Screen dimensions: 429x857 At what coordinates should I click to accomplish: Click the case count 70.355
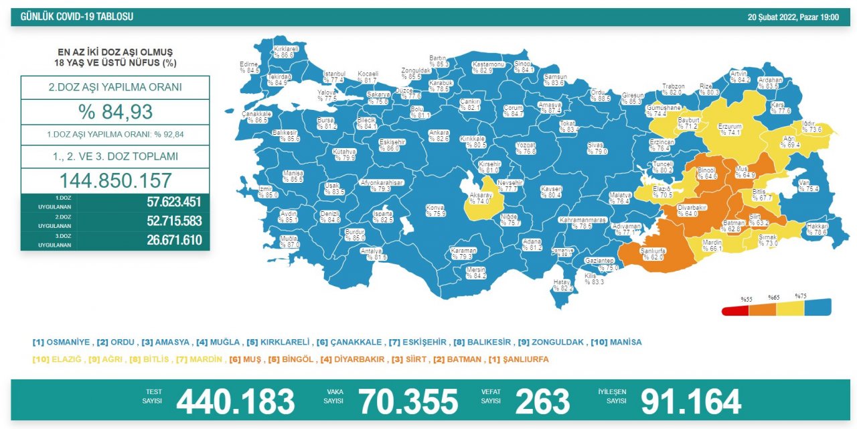[408, 402]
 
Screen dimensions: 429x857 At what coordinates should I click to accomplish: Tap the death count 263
[542, 402]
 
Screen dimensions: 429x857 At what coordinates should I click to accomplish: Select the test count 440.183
[235, 402]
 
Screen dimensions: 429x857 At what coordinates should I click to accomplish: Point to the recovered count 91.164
[690, 402]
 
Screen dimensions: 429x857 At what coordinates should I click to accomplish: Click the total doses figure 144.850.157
[115, 180]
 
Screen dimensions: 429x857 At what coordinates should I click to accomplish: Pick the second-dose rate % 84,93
[115, 111]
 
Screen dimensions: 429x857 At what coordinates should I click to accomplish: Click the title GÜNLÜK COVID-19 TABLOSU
[77, 17]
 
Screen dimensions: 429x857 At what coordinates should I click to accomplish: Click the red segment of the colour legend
[735, 310]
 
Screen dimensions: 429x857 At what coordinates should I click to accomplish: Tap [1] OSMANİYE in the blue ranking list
[61, 342]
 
